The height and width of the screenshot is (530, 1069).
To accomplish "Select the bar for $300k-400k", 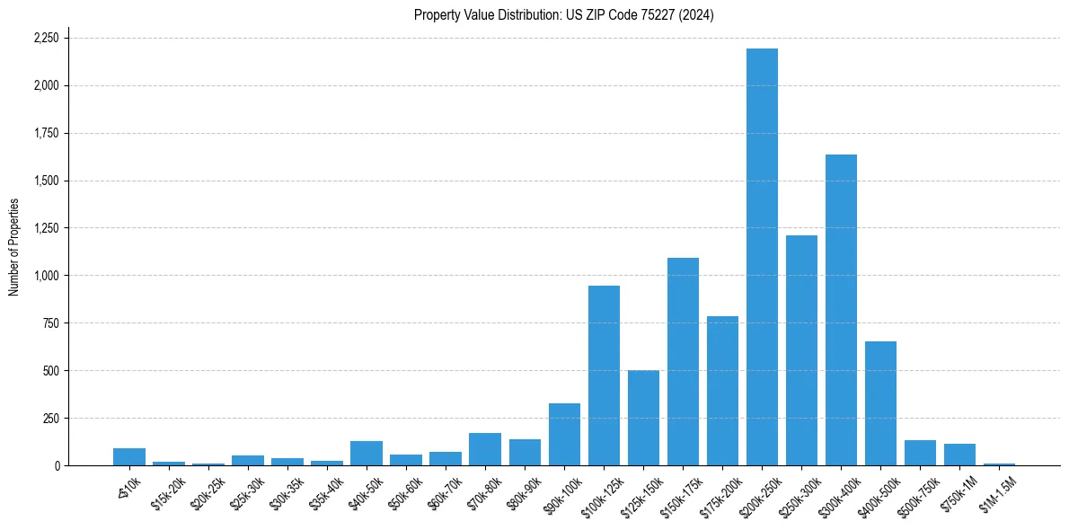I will [841, 310].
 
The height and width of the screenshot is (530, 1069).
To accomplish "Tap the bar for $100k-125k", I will [604, 375].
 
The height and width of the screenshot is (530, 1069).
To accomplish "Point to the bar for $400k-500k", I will [880, 403].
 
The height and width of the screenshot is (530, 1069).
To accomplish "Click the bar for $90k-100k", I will [564, 435].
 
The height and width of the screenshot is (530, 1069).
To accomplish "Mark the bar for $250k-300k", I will [801, 350].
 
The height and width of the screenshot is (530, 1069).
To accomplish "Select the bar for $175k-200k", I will [722, 391].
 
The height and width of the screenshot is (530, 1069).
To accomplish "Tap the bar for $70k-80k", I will [485, 449].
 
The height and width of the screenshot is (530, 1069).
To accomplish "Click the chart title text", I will [563, 15].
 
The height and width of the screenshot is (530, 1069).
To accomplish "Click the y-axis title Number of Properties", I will [14, 247].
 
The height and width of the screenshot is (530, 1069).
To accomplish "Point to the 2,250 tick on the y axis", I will [46, 39].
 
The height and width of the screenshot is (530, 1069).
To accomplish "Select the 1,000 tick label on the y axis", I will [46, 276].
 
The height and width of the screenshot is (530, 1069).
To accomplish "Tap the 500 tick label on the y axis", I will [50, 371].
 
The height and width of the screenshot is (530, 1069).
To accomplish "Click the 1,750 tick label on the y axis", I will [46, 134].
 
